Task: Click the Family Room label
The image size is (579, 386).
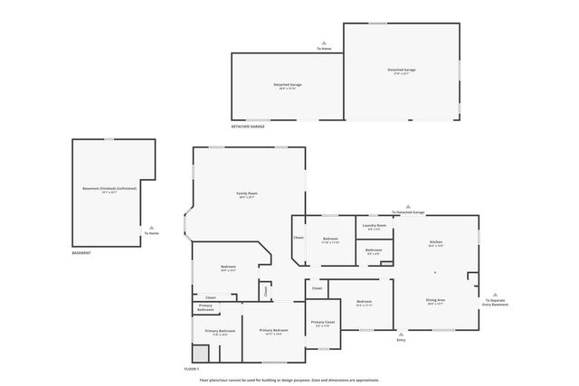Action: coord(247,193)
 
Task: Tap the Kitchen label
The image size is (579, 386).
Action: coord(435,243)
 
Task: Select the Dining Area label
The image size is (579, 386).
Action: coord(435,299)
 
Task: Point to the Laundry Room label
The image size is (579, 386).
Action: coord(375,225)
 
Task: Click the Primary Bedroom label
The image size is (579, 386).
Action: coord(275,331)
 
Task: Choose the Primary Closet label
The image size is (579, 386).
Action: coord(323,323)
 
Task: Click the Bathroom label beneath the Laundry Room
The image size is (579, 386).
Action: coord(375,250)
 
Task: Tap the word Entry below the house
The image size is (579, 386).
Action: coord(401,340)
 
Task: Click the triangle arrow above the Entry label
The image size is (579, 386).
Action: coord(401,332)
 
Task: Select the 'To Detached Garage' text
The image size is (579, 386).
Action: coord(407,212)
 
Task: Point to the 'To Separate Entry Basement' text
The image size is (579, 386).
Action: coord(494,303)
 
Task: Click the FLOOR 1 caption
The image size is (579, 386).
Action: coord(191,370)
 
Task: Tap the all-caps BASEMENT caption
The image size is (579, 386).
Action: coord(81,253)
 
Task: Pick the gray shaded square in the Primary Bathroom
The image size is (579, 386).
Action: coord(200,353)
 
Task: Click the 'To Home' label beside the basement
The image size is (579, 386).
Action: coord(151,234)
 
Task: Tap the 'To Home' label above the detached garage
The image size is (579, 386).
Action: coord(323,48)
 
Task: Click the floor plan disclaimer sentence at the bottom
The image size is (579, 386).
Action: coord(289,380)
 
